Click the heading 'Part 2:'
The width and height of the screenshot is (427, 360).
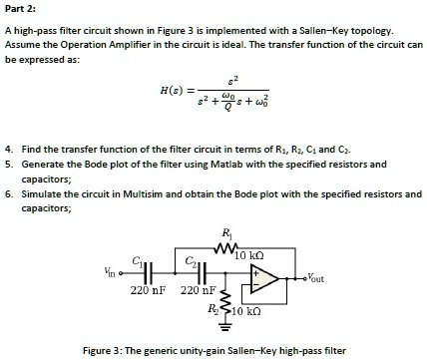23,9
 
